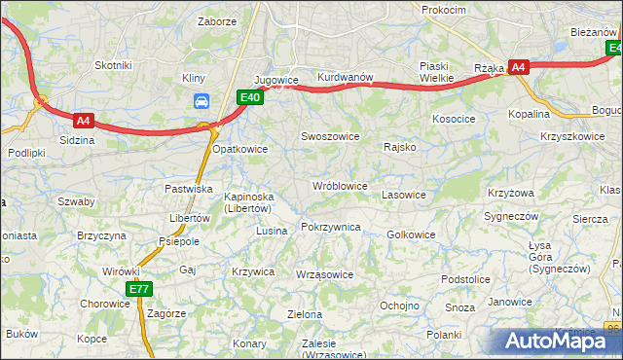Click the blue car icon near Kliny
click(202, 101)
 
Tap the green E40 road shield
click(250, 97)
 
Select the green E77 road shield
click(138, 289)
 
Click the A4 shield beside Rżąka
click(519, 67)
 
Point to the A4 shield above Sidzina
click(83, 122)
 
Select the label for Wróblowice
click(339, 185)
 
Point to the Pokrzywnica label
click(331, 227)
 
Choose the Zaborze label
click(216, 20)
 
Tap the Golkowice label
click(411, 234)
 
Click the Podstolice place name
click(464, 279)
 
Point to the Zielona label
click(305, 314)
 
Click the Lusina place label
click(272, 231)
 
